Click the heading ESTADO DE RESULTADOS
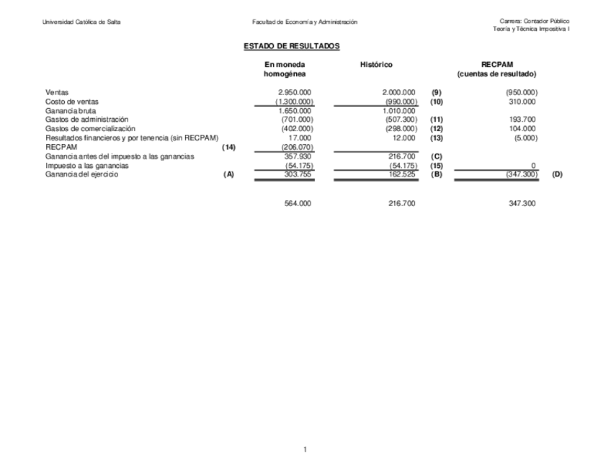click(291, 46)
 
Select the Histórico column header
click(376, 66)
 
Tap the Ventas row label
click(58, 92)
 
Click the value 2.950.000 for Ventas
click(295, 92)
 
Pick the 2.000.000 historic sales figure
click(398, 92)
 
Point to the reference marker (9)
click(436, 92)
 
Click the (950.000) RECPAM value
click(522, 92)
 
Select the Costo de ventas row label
click(72, 102)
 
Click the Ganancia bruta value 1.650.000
click(295, 111)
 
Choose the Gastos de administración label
click(86, 120)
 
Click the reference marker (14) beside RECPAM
click(229, 147)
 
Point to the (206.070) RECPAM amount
click(297, 147)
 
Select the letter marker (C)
click(436, 156)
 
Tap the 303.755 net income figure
click(298, 174)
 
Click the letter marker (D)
click(557, 174)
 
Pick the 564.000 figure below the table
click(298, 204)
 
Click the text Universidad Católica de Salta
click(82, 22)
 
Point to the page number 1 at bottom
click(305, 450)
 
